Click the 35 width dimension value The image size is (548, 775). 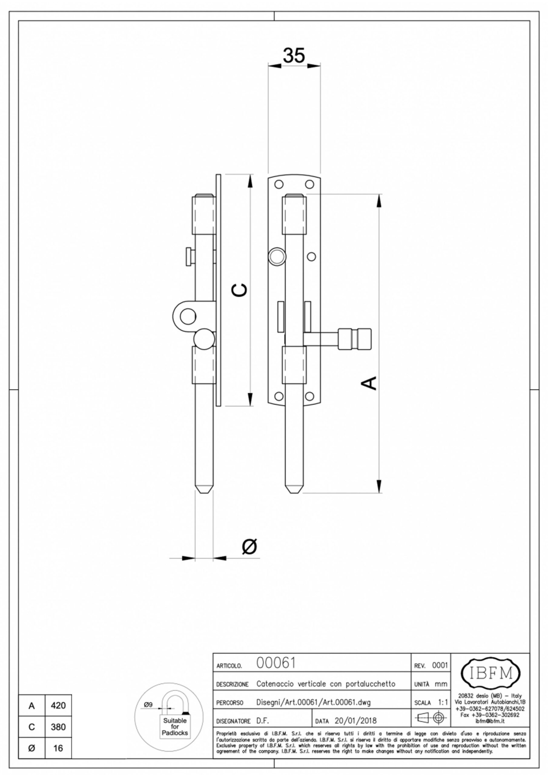(x=294, y=56)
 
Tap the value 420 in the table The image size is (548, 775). (x=58, y=705)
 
